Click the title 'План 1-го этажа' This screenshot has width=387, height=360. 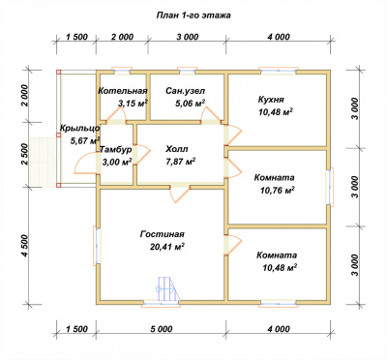(x=193, y=15)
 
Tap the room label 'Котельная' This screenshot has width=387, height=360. (x=123, y=91)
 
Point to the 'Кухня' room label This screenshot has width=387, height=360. (x=271, y=100)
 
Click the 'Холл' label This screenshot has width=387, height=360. (x=177, y=149)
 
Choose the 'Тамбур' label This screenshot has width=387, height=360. (x=116, y=149)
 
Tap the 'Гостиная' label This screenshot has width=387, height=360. (x=162, y=234)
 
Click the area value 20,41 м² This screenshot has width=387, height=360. (x=167, y=247)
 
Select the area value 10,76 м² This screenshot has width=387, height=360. (x=278, y=191)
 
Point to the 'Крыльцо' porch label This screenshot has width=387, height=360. (x=79, y=128)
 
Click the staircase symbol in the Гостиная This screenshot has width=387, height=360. (x=168, y=289)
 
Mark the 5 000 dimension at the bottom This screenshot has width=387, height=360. (x=161, y=329)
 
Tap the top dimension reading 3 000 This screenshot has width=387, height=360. (x=187, y=37)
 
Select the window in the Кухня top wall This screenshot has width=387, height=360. (x=279, y=72)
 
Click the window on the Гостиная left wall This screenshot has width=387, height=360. (x=97, y=245)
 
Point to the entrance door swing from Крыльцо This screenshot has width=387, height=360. (x=86, y=164)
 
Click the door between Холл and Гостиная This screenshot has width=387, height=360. (x=180, y=194)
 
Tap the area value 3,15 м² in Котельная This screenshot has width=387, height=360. (x=133, y=104)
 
